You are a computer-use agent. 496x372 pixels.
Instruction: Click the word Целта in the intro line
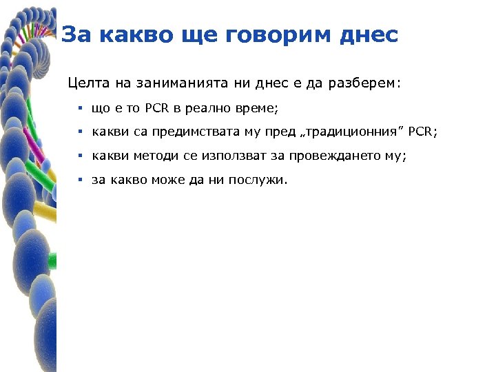tap(85, 83)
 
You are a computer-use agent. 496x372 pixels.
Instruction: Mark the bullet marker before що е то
tap(80, 109)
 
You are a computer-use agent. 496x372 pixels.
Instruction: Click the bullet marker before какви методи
tap(80, 156)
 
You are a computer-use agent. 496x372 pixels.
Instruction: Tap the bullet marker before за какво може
tap(80, 180)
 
